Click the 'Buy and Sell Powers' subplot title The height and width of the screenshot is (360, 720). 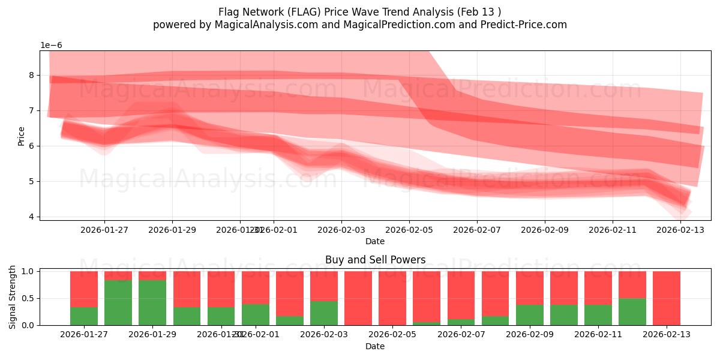tap(375, 260)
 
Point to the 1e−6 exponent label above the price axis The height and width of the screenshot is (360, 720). tap(51, 46)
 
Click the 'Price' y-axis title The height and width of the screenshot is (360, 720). tap(22, 136)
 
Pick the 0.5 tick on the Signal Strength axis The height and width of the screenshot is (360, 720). tap(28, 298)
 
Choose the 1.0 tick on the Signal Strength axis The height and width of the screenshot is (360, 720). tap(28, 271)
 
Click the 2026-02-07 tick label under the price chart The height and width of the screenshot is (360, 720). tap(477, 229)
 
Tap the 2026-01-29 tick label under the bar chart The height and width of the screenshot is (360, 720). tap(152, 335)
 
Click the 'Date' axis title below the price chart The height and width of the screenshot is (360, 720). tap(375, 241)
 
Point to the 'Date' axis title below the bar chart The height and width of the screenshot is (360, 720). tap(375, 346)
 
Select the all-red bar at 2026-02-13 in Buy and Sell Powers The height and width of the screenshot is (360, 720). tap(666, 298)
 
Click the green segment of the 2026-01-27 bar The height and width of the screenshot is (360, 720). tap(84, 316)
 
